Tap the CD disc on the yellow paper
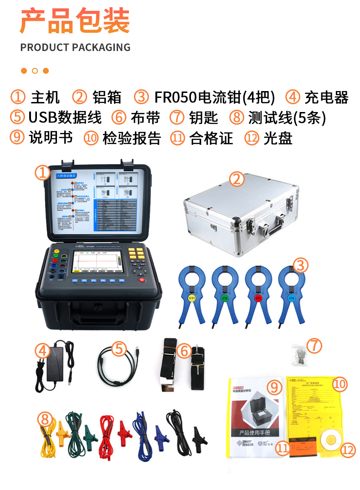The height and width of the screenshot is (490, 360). (329, 439)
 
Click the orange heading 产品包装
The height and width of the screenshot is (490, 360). (75, 21)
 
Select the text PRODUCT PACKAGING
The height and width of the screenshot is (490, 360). (75, 47)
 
